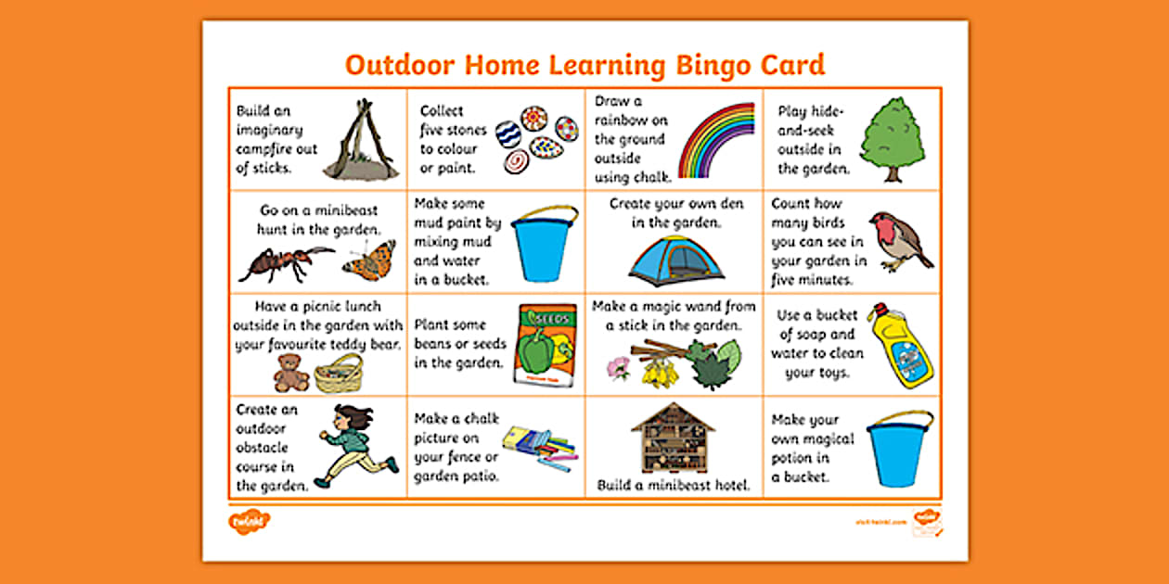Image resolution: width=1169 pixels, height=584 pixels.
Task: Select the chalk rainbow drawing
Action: coord(717,139)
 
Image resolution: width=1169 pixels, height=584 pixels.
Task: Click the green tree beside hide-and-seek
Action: coord(892,139)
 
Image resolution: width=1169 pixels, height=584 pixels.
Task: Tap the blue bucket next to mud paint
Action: coord(545,244)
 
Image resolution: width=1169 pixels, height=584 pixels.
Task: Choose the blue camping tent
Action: coord(676,260)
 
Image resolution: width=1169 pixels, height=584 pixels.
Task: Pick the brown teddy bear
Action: coord(290,373)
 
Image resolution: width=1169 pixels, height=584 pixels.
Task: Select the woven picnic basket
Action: coord(339,373)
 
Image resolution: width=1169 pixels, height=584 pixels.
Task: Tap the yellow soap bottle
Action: coord(900,345)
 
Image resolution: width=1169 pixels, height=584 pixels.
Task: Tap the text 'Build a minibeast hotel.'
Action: coord(674,485)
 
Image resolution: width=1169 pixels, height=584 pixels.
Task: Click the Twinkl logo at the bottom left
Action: coord(249,522)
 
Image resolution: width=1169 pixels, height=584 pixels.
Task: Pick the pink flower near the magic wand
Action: coord(618,368)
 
